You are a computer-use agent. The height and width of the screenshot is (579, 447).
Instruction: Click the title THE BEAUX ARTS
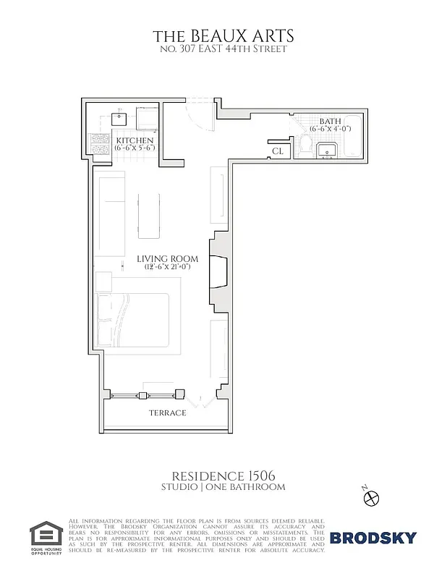coord(223,35)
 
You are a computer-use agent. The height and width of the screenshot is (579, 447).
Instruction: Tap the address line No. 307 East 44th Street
coord(223,49)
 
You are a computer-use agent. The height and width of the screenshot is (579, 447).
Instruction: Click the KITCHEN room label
coord(135,140)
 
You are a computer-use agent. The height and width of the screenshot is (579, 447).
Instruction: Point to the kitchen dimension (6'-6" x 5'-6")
coord(135,148)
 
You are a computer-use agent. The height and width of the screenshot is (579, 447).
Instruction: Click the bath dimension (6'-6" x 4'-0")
coord(330,128)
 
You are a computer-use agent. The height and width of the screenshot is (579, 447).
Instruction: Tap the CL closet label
coord(278,151)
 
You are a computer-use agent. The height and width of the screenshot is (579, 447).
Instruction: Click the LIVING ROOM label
coord(168,258)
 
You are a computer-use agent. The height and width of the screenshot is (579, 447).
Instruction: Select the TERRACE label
coord(168,413)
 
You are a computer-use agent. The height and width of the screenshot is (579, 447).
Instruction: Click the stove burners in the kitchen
coord(98,143)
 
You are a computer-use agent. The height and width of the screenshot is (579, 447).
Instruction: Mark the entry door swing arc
coord(197,109)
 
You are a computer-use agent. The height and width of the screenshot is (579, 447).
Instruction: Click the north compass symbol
coord(372,498)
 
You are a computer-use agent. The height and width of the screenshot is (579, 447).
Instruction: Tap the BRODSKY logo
coord(373,537)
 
